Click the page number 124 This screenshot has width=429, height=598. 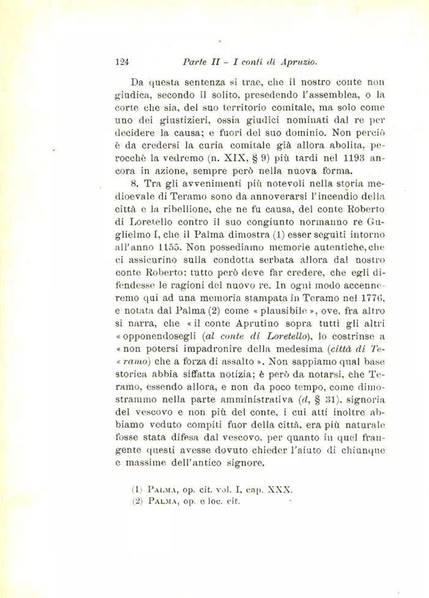point(120,61)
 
